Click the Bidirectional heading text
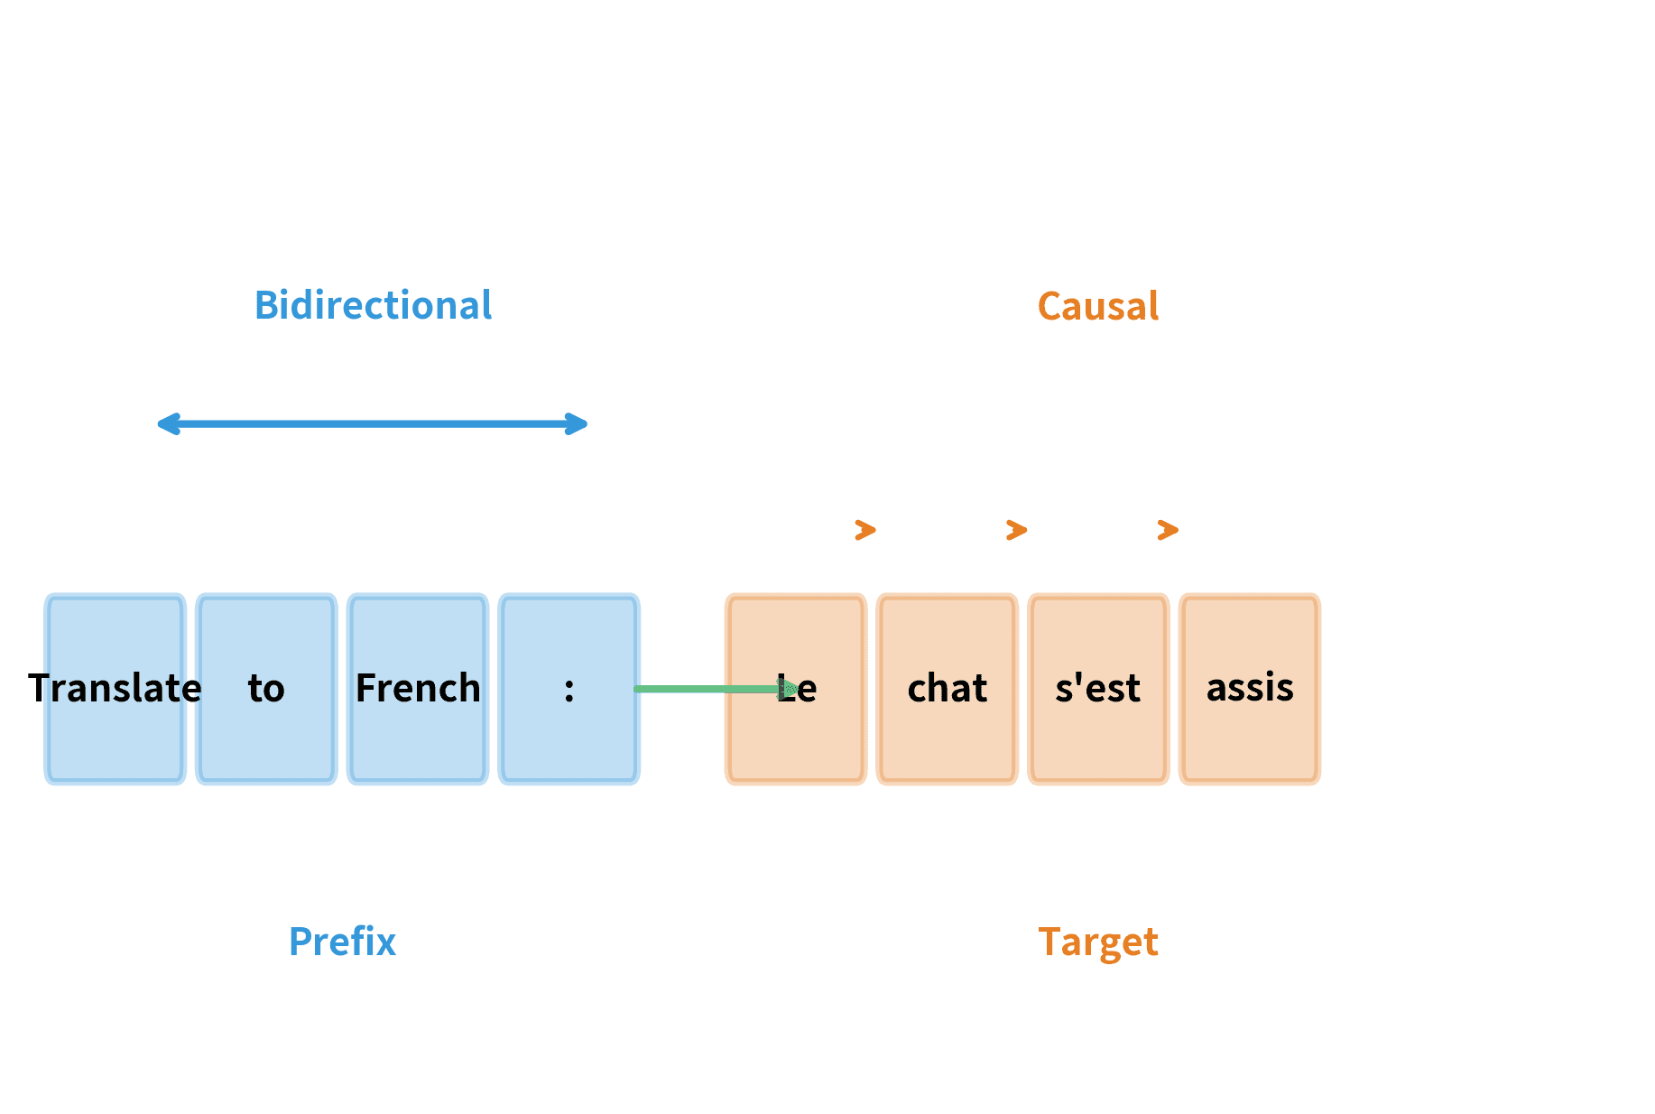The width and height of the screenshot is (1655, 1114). (x=373, y=305)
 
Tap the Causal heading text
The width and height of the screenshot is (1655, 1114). (x=1098, y=306)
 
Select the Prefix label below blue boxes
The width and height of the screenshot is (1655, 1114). (x=342, y=942)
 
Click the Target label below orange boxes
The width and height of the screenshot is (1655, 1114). (x=1098, y=942)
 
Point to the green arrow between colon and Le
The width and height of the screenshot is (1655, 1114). (x=704, y=689)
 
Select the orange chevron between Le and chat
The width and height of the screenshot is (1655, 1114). (x=865, y=530)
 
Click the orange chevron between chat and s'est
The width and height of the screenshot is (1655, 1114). (x=1017, y=530)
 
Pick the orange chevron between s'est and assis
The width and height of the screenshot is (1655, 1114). (x=1168, y=530)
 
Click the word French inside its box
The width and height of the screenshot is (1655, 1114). (x=418, y=688)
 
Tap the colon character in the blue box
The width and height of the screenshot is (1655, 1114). (x=569, y=690)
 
